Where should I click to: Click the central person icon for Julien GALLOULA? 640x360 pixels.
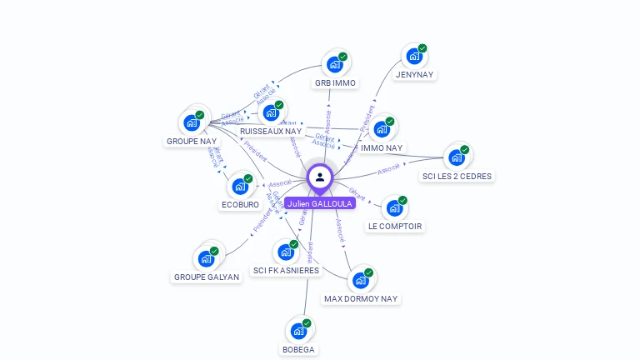(320, 177)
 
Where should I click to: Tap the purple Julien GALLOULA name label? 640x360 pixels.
(320, 203)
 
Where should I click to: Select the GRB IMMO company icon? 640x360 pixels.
(334, 64)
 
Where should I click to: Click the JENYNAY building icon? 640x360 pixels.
(414, 57)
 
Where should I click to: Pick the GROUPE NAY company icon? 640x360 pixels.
(192, 122)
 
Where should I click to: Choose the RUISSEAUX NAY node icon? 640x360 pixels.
(270, 112)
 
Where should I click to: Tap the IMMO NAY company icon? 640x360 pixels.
(382, 129)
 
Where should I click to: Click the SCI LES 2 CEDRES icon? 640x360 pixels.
(457, 157)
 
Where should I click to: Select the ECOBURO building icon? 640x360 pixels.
(240, 186)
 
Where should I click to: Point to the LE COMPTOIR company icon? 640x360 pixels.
(394, 208)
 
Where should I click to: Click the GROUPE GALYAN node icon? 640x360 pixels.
(206, 258)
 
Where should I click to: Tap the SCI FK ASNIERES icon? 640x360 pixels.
(286, 252)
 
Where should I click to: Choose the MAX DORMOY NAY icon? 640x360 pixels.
(361, 280)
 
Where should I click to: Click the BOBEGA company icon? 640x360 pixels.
(298, 331)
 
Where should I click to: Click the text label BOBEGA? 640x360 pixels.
(298, 350)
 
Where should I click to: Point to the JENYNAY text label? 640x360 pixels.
(415, 75)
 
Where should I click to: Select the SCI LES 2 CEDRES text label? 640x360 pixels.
(457, 177)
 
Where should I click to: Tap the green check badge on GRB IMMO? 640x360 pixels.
(342, 57)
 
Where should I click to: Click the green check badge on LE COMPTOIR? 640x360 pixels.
(402, 201)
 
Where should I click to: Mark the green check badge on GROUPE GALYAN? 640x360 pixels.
(214, 251)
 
